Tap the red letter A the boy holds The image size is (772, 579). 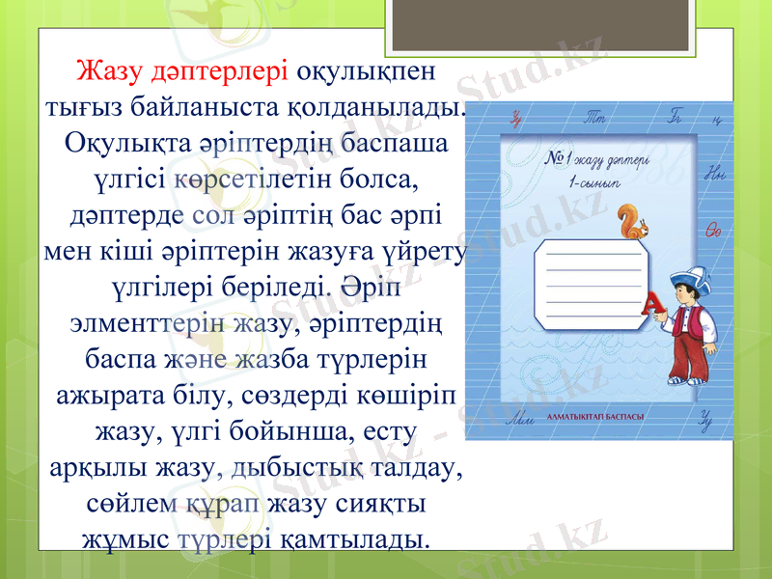click(x=653, y=304)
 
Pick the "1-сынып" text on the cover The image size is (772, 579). click(x=593, y=180)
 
